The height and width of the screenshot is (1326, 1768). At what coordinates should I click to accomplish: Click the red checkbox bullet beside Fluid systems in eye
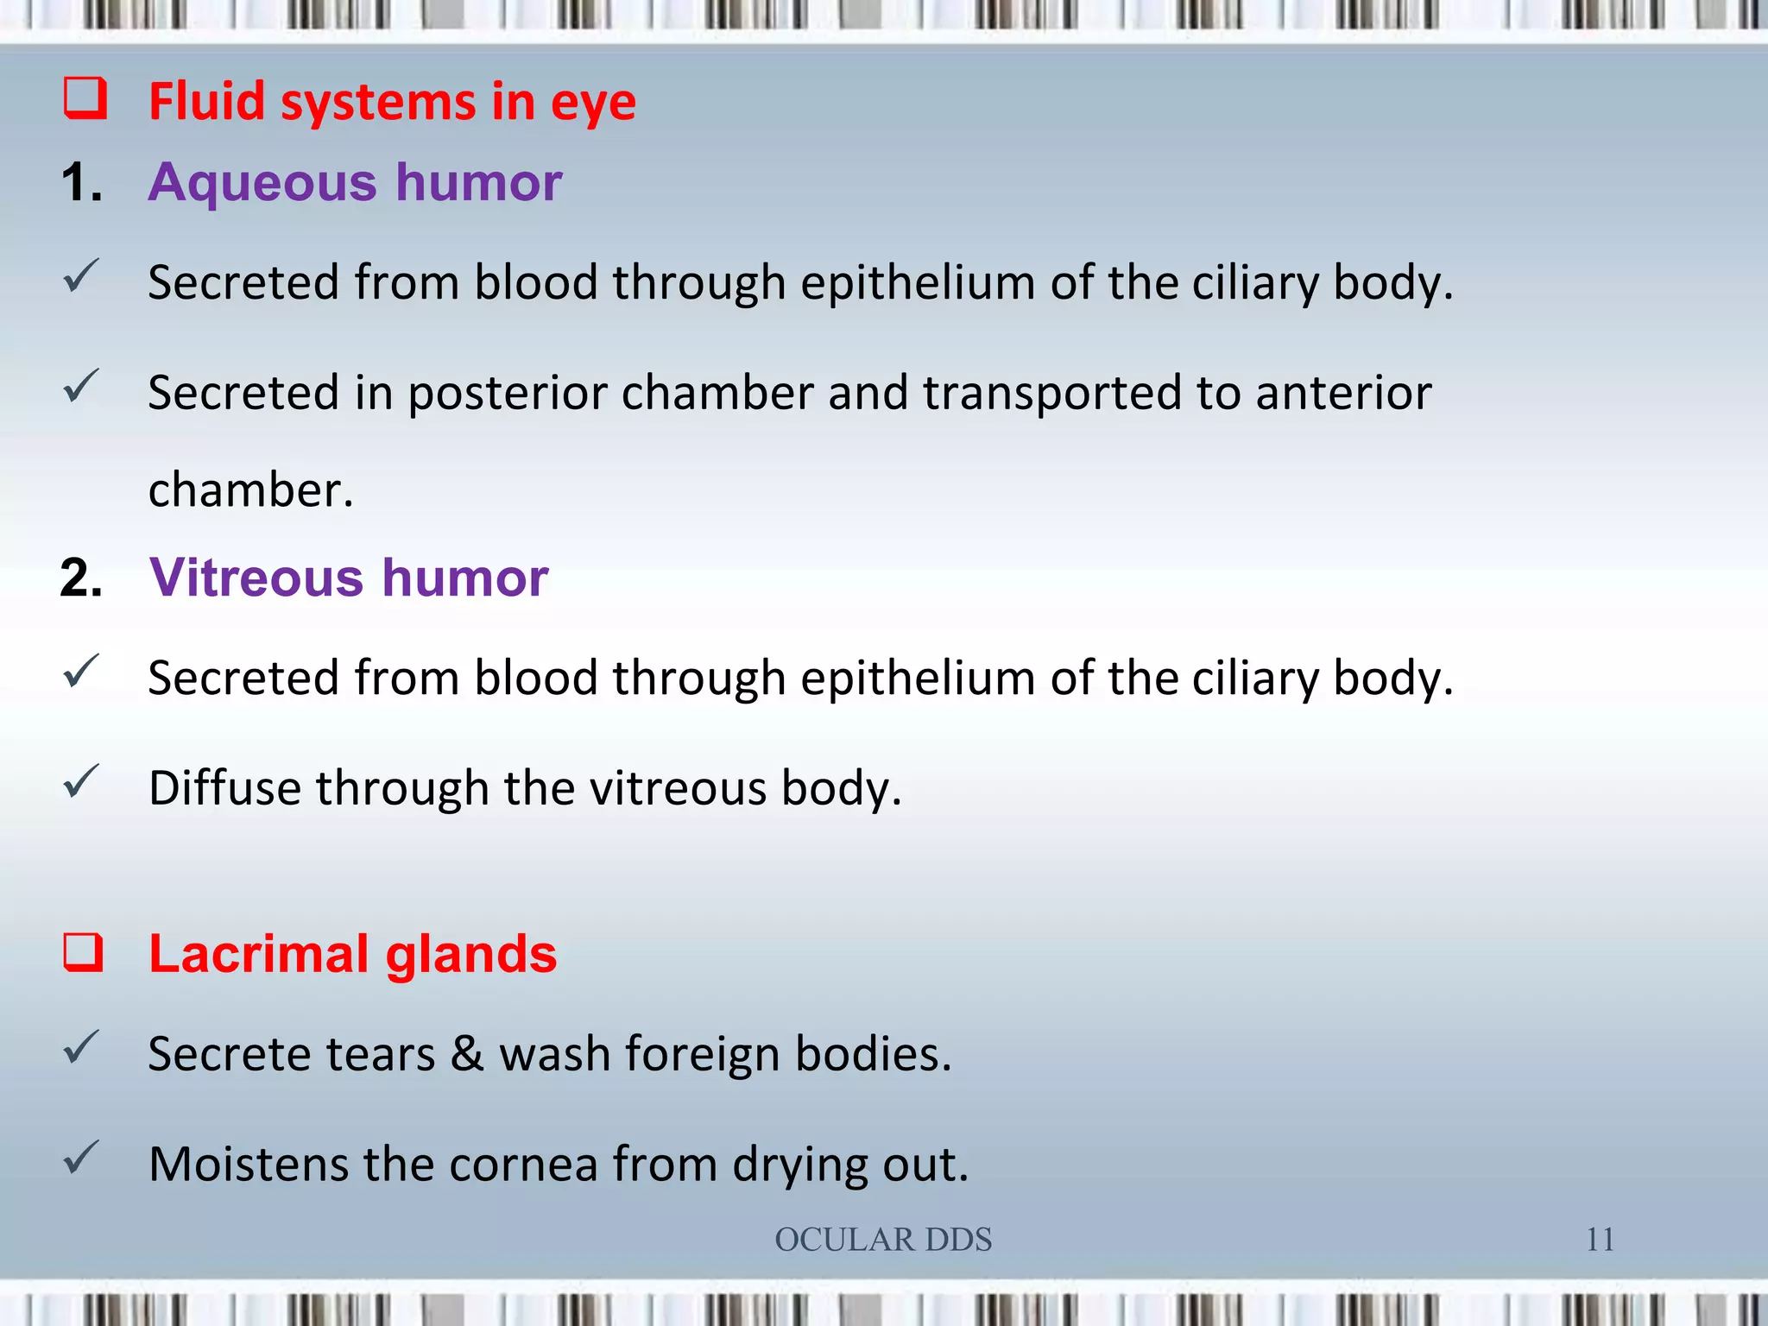coord(85,98)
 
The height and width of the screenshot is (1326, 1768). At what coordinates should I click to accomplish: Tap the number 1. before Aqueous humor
coord(81,183)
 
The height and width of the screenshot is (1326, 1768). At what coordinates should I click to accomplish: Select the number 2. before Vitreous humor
coord(81,578)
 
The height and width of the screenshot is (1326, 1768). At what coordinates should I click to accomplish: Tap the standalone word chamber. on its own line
coord(250,490)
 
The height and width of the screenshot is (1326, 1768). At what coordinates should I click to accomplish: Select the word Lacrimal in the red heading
coord(259,954)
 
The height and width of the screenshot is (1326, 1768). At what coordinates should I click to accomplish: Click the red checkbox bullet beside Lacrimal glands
coord(84,953)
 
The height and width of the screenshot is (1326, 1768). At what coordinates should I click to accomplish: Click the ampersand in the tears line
coord(467,1053)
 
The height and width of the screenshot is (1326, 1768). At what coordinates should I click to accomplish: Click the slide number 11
coord(1600,1240)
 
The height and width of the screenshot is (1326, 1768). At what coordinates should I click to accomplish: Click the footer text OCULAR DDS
coord(883,1240)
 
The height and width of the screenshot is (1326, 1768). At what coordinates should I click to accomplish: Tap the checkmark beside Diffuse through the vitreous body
coord(81,782)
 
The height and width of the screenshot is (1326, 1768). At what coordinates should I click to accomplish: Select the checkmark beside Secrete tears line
coord(81,1048)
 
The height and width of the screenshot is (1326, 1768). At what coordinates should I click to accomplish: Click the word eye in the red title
coord(593,103)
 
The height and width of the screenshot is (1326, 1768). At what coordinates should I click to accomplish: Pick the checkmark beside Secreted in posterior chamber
coord(81,387)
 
